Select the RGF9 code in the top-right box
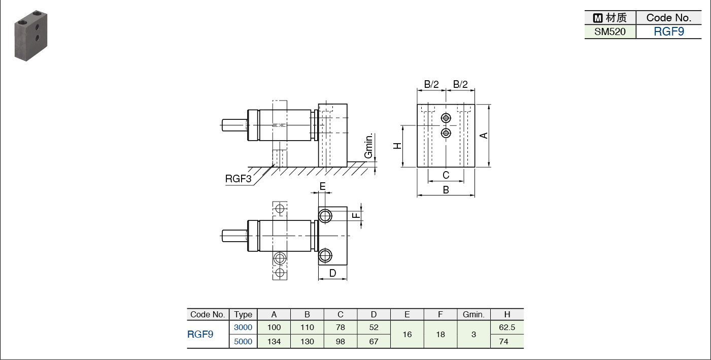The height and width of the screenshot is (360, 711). [x=668, y=31]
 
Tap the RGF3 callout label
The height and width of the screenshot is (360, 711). [x=238, y=179]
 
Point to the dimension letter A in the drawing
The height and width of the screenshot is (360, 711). [x=484, y=135]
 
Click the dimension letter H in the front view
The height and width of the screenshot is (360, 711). [x=398, y=146]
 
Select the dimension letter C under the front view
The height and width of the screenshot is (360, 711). [x=446, y=175]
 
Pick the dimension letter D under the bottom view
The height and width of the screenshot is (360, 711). [x=332, y=273]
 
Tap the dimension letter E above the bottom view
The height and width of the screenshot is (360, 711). [x=323, y=186]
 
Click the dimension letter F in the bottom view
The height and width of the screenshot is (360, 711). [x=357, y=215]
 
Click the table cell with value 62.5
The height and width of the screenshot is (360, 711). [x=507, y=328]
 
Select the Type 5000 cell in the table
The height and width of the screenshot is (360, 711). [x=243, y=341]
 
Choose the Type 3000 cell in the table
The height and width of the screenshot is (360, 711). [x=243, y=328]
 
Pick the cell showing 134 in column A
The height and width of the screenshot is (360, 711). [x=274, y=341]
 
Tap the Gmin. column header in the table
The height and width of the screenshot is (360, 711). [x=473, y=314]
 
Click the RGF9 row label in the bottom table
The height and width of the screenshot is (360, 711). [x=200, y=334]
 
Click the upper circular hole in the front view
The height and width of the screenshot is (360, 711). [x=446, y=118]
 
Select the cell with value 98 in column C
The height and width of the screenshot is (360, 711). [x=341, y=341]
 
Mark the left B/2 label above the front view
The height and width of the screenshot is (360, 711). [x=431, y=84]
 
